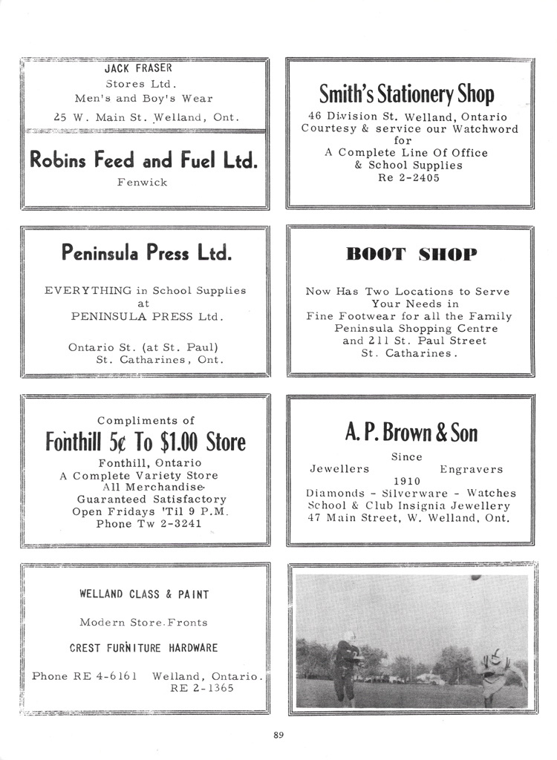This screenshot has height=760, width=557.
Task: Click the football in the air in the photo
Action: (475, 577)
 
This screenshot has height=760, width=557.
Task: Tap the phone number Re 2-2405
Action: (408, 177)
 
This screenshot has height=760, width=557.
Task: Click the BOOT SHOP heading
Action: (411, 255)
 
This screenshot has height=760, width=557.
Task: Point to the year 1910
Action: (407, 481)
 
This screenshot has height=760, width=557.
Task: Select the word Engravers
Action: (471, 469)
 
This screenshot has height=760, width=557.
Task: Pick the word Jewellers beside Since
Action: (339, 469)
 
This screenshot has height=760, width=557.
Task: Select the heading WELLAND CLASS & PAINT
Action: (144, 594)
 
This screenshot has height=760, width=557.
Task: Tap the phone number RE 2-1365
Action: (202, 688)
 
